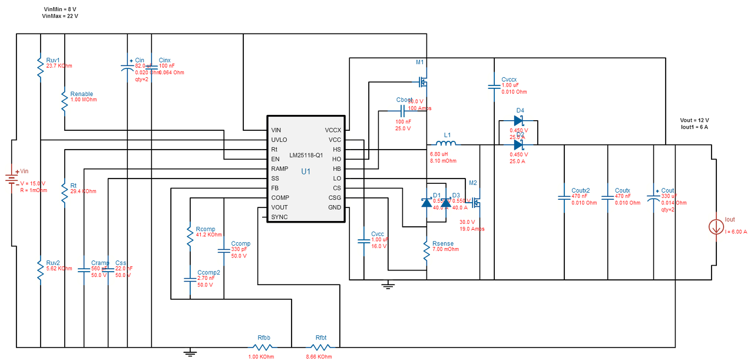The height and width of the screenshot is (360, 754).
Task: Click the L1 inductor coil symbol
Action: point(445,144)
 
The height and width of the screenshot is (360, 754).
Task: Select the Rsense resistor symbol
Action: point(426,252)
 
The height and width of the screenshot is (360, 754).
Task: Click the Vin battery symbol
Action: point(10,178)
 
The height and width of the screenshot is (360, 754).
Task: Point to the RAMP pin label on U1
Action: point(279,169)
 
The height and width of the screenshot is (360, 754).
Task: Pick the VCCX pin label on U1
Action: point(333,130)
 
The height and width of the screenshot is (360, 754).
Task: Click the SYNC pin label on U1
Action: point(280,217)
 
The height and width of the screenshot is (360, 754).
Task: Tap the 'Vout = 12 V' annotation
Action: point(695,120)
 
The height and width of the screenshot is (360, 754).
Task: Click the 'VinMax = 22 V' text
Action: point(60,16)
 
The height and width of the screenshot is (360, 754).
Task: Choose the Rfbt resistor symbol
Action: point(320,347)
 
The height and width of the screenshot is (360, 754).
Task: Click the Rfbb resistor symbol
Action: point(263,347)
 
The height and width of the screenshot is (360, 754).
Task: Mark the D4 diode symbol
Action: point(518,121)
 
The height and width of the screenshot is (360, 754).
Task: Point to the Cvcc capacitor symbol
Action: point(364,241)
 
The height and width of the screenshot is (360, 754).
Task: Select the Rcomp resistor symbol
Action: point(190,236)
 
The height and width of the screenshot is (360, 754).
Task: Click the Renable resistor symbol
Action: point(64,102)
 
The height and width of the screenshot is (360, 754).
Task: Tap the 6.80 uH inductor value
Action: point(439,154)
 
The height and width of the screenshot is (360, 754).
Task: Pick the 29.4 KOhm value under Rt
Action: point(83,191)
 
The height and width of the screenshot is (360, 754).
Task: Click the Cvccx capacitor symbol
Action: point(494,87)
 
